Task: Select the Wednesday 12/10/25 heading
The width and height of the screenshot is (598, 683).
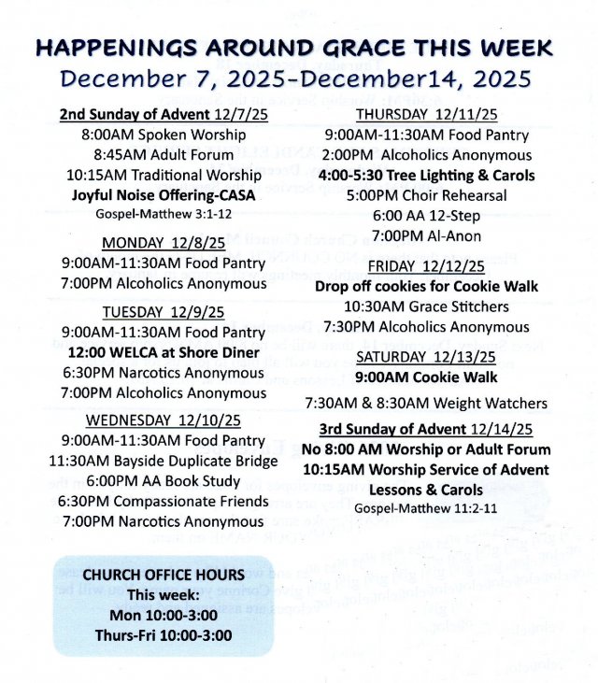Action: pos(164,419)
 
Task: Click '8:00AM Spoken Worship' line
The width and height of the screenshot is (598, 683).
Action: pos(164,135)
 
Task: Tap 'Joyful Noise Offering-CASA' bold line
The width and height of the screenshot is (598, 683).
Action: pos(164,195)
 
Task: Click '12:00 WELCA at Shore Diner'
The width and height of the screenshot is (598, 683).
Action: pos(164,352)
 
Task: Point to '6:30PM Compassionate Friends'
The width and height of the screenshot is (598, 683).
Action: pos(164,501)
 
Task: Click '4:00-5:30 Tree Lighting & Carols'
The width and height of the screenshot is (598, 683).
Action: pos(426,176)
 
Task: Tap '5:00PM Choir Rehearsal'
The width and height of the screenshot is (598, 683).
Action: pos(426,196)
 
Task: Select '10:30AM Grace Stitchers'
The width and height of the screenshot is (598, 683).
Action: pos(426,306)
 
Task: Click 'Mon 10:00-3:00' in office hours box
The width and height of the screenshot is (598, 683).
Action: pos(164,615)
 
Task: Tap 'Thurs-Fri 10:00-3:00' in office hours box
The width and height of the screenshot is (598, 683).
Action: pos(164,635)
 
